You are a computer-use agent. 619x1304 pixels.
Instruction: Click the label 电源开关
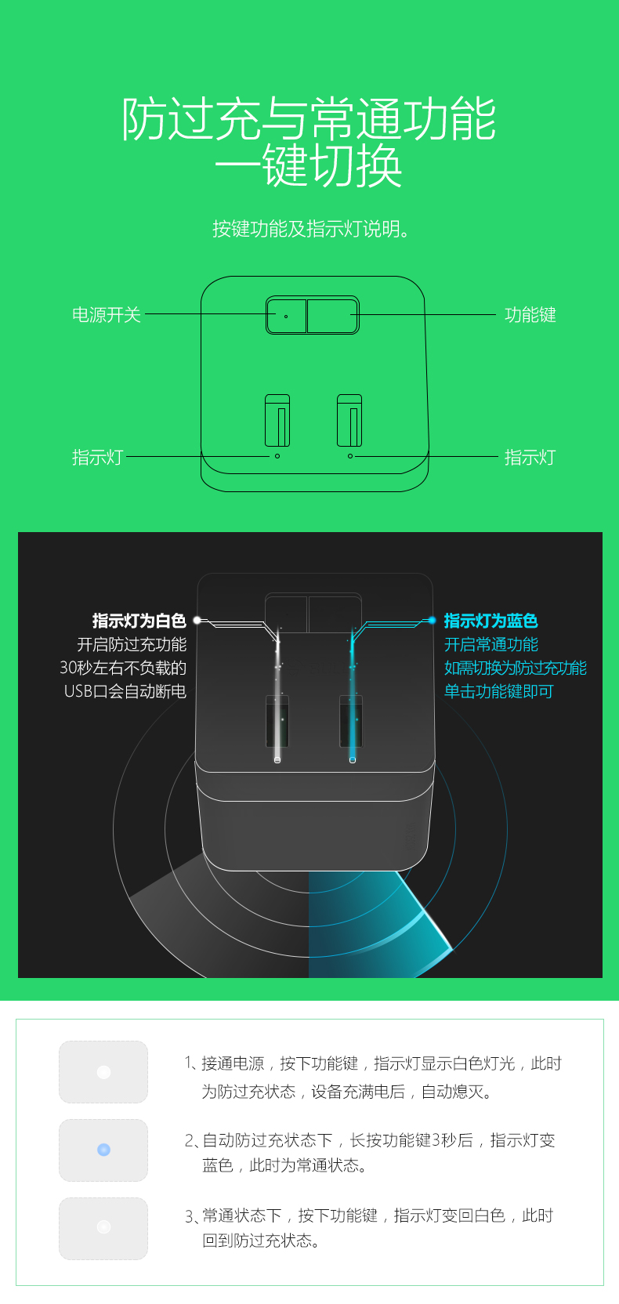[x=106, y=315]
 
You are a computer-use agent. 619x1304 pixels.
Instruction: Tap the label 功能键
[x=530, y=315]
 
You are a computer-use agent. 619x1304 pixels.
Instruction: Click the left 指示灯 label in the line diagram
[x=97, y=457]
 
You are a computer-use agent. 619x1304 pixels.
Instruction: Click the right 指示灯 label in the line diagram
[x=530, y=457]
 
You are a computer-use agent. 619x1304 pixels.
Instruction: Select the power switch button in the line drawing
[x=287, y=316]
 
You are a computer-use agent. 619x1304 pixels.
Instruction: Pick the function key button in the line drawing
[x=332, y=316]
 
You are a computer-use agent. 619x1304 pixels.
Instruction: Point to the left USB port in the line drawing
[x=277, y=420]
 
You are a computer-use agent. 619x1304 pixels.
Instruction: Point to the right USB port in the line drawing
[x=349, y=420]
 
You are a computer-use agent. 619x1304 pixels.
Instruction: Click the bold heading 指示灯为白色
[x=139, y=621]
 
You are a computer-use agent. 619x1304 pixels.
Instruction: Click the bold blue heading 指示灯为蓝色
[x=491, y=621]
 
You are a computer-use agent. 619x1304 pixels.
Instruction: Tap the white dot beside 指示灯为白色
[x=197, y=621]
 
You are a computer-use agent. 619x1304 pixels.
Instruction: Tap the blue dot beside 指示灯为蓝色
[x=432, y=621]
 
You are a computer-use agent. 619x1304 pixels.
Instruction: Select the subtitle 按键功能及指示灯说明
[x=311, y=229]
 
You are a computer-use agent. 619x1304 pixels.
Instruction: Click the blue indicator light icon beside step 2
[x=103, y=1150]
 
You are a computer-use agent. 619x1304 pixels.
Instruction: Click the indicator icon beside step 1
[x=103, y=1072]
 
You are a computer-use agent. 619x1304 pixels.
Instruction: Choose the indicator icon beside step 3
[x=103, y=1227]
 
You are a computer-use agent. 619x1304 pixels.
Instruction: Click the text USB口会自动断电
[x=125, y=691]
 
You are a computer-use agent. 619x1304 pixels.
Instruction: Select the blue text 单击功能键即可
[x=498, y=691]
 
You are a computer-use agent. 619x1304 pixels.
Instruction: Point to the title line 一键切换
[x=309, y=166]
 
